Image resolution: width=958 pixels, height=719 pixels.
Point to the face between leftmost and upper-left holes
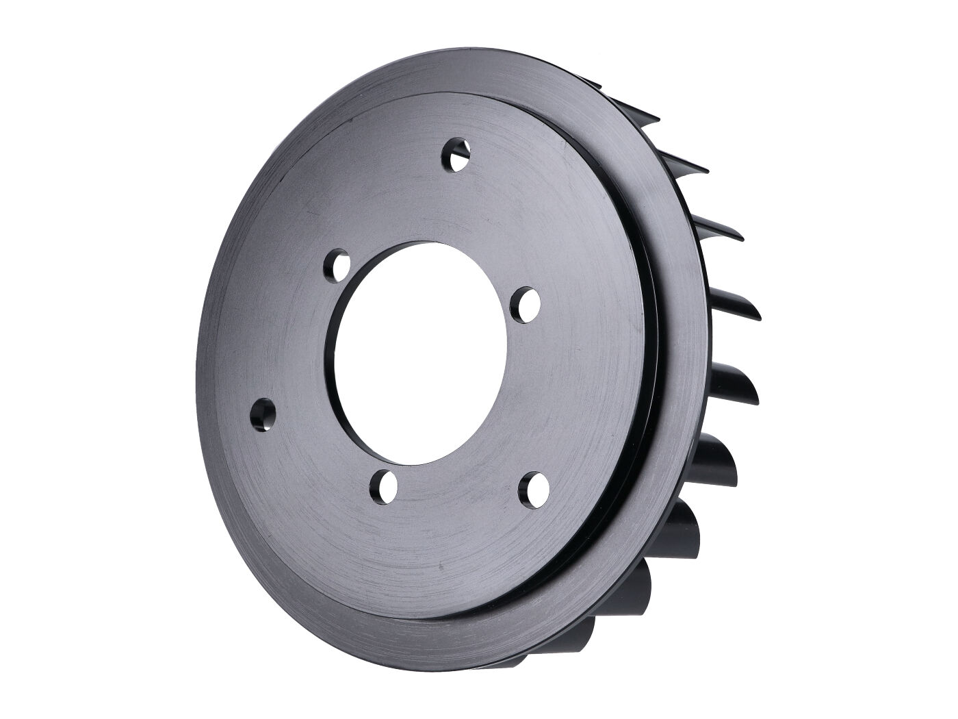[287, 336]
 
